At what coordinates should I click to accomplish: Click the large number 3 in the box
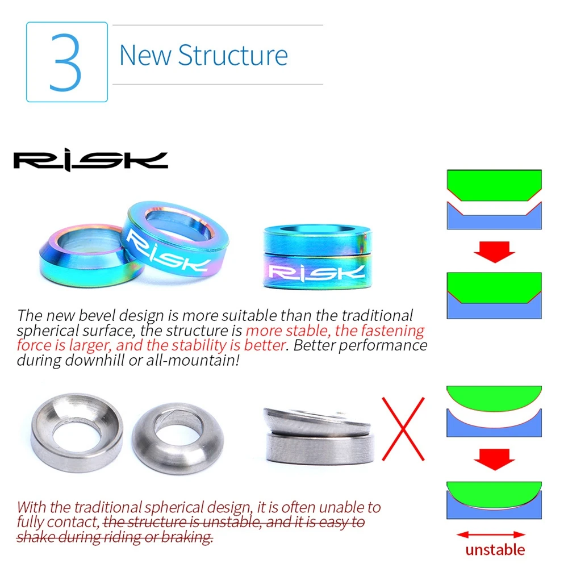tap(66, 62)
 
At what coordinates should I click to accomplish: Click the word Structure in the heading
tap(233, 55)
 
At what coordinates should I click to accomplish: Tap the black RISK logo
tap(90, 161)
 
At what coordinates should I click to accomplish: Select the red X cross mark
tap(403, 429)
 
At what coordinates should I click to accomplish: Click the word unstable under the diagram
tap(495, 549)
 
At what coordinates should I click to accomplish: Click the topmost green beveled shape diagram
tap(494, 185)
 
